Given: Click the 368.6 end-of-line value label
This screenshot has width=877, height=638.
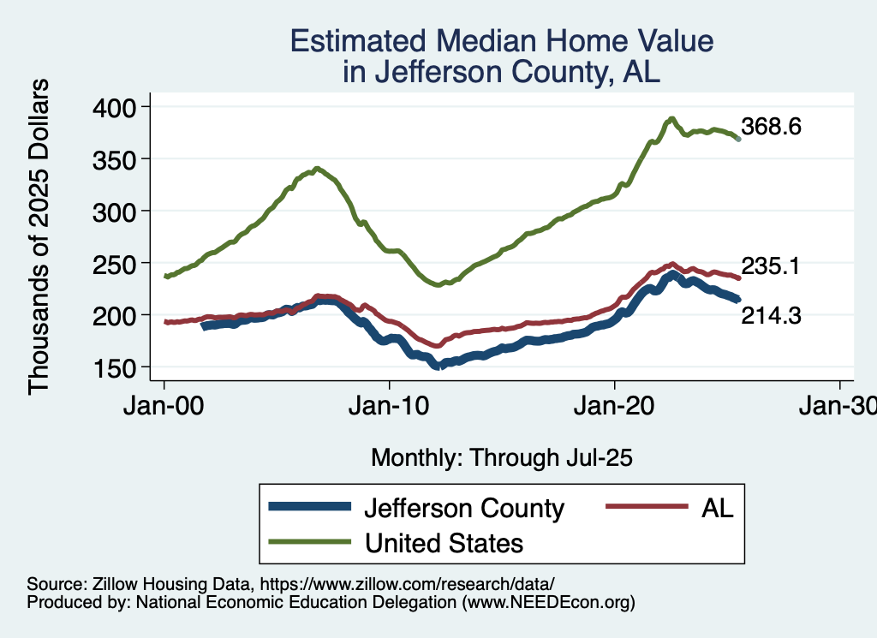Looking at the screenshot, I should tap(772, 128).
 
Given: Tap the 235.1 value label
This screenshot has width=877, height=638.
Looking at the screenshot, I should tap(771, 266).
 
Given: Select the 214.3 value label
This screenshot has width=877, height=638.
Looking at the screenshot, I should tap(771, 317).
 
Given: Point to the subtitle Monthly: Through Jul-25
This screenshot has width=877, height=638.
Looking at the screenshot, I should tap(501, 458).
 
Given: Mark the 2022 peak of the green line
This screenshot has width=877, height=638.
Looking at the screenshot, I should tap(672, 119).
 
